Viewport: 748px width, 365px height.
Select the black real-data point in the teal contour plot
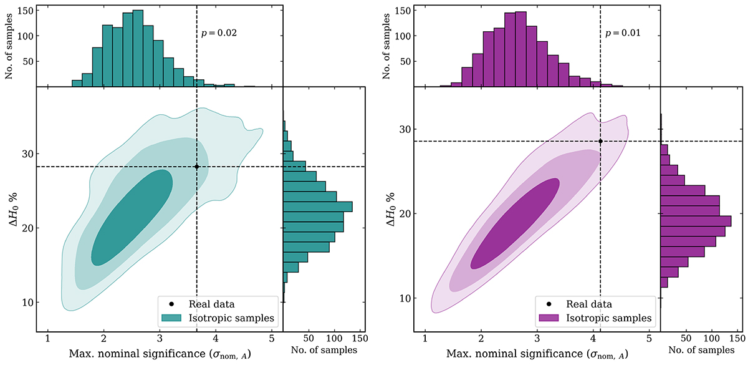pyautogui.click(x=197, y=167)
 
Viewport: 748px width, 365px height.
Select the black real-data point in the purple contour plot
pyautogui.click(x=600, y=141)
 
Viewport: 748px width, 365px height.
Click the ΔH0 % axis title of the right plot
pyautogui.click(x=391, y=210)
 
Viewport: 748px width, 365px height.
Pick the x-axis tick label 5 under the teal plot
pyautogui.click(x=272, y=340)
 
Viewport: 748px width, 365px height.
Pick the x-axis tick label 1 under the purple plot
pyautogui.click(x=424, y=340)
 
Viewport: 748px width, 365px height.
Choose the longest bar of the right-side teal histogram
pyautogui.click(x=318, y=207)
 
